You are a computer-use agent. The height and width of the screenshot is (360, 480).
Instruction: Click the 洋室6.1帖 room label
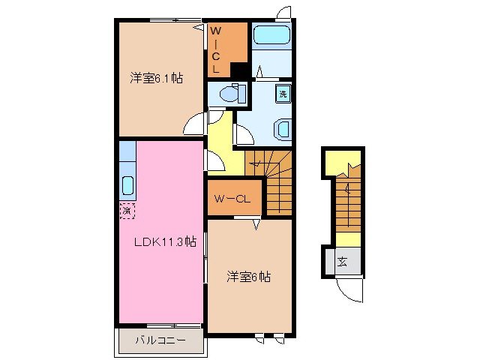tap(157, 77)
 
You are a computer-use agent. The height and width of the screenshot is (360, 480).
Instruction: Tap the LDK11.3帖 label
tap(165, 241)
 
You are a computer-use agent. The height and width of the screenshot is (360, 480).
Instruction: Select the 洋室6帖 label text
tap(248, 277)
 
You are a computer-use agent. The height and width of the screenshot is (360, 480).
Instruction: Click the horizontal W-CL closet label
tap(235, 199)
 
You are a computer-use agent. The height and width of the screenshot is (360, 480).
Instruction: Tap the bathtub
tap(271, 35)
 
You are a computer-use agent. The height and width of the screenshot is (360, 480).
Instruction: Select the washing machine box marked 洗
tap(283, 94)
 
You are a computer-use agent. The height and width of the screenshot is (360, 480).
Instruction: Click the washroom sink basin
tap(283, 128)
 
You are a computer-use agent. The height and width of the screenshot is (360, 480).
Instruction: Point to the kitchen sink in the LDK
tap(127, 184)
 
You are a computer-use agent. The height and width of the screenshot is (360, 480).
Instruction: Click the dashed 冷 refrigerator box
tap(126, 211)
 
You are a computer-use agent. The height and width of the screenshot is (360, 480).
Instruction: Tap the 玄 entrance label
tap(341, 262)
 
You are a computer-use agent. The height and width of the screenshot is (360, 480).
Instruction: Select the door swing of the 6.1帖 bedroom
tap(193, 124)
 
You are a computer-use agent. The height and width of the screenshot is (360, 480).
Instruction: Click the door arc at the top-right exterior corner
tap(283, 13)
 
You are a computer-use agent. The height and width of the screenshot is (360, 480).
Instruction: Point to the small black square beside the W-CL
tap(239, 70)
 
